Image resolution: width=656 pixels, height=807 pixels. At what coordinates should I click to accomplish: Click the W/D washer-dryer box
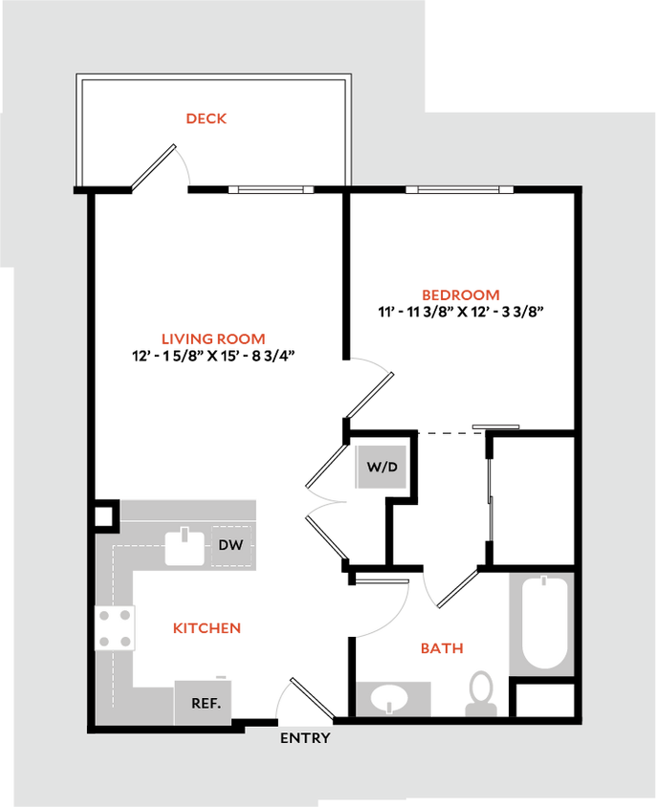tap(381, 468)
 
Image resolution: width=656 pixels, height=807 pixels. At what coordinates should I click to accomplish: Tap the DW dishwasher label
tap(230, 545)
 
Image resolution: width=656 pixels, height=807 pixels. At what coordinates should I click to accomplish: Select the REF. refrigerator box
tap(204, 703)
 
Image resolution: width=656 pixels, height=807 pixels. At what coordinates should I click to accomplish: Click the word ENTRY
tap(305, 738)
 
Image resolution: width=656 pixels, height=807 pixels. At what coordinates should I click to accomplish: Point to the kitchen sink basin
tap(185, 547)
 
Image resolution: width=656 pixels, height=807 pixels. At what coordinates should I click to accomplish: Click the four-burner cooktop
tap(115, 628)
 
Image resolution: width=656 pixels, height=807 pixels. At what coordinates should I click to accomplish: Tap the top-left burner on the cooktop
tap(103, 616)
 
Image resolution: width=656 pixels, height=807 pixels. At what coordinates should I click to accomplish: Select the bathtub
tap(539, 623)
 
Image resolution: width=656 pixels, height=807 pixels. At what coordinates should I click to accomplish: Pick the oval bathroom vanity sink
tap(392, 697)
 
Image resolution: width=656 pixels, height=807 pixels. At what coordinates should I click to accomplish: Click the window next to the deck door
tap(272, 189)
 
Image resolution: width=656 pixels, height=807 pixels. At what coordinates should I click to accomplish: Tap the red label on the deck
tap(208, 119)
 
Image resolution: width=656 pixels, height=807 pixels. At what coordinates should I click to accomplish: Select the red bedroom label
tap(461, 295)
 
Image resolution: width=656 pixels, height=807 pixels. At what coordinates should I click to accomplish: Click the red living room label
tap(212, 338)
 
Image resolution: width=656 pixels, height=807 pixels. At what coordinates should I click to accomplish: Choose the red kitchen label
tap(207, 628)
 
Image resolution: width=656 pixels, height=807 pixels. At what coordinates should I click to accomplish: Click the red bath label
tap(442, 648)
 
